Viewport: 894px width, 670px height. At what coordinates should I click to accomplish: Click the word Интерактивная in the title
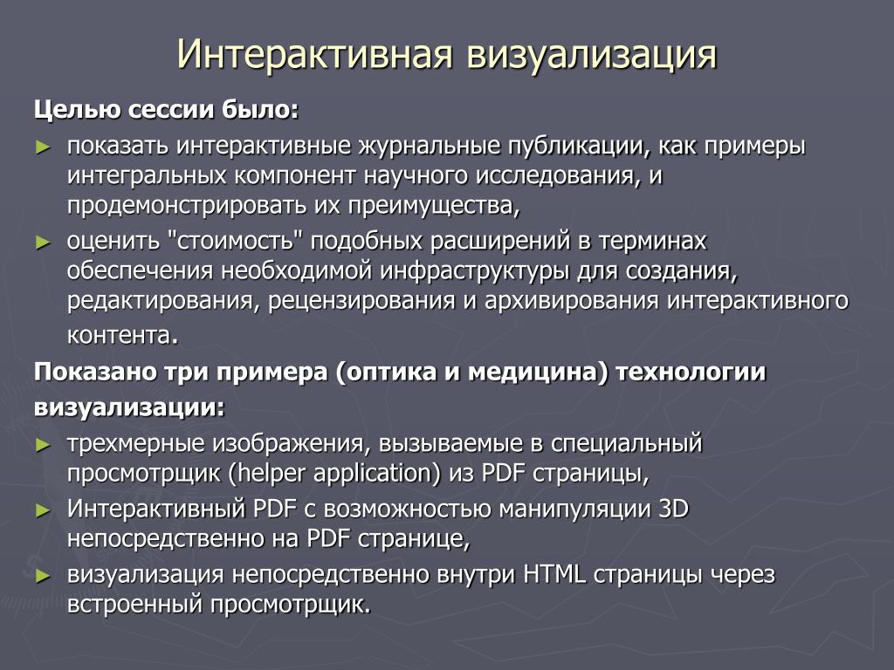click(315, 55)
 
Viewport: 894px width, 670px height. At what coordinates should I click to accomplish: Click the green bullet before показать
click(43, 147)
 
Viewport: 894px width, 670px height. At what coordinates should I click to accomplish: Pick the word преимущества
click(434, 206)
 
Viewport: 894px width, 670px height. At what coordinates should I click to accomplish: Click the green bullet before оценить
click(43, 243)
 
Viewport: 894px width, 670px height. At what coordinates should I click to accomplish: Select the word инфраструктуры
click(474, 271)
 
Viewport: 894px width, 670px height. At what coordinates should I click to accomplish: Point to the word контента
click(122, 335)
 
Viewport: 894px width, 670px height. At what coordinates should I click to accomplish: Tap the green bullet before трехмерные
click(43, 445)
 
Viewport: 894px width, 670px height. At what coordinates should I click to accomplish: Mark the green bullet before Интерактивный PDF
click(43, 510)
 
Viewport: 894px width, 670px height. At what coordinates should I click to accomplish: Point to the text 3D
click(673, 509)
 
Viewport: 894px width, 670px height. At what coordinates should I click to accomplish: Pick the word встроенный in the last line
click(134, 604)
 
